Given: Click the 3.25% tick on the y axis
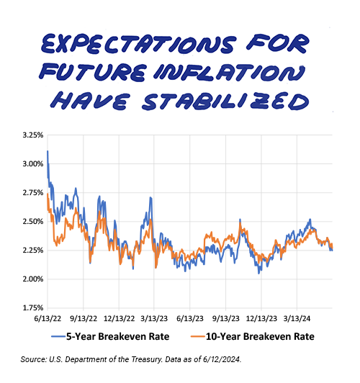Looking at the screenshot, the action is (x=33, y=135).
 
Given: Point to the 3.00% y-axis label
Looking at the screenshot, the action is (x=33, y=164).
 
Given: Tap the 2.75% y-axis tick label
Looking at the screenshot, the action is (x=33, y=193).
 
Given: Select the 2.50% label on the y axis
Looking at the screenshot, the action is (x=33, y=222).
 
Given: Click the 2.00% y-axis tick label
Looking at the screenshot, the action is (x=33, y=279).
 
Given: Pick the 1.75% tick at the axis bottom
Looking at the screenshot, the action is (x=33, y=308).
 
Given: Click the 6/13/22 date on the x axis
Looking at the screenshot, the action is (x=48, y=319).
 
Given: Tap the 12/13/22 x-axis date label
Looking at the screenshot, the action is (x=120, y=319).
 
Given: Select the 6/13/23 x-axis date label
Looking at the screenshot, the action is (x=190, y=319).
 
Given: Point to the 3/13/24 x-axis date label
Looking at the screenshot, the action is (x=297, y=319).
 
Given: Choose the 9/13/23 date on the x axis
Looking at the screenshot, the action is (x=226, y=319).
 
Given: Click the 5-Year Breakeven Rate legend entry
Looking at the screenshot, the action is (x=110, y=337).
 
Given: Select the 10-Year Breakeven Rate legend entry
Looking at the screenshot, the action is (x=252, y=337).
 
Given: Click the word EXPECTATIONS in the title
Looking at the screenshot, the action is (x=138, y=44).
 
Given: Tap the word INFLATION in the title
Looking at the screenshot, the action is (x=230, y=73).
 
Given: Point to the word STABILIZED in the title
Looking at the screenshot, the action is (x=225, y=101).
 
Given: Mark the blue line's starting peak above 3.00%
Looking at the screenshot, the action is (x=48, y=151).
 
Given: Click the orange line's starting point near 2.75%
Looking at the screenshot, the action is (x=48, y=194).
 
